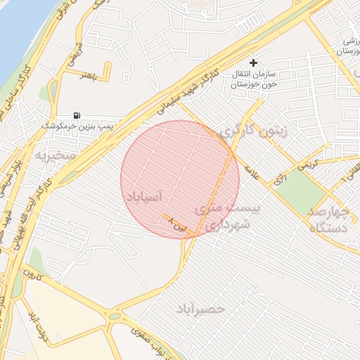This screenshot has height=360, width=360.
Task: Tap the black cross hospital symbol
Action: pos(253,63)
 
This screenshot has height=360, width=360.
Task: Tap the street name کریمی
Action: pos(307,165)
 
